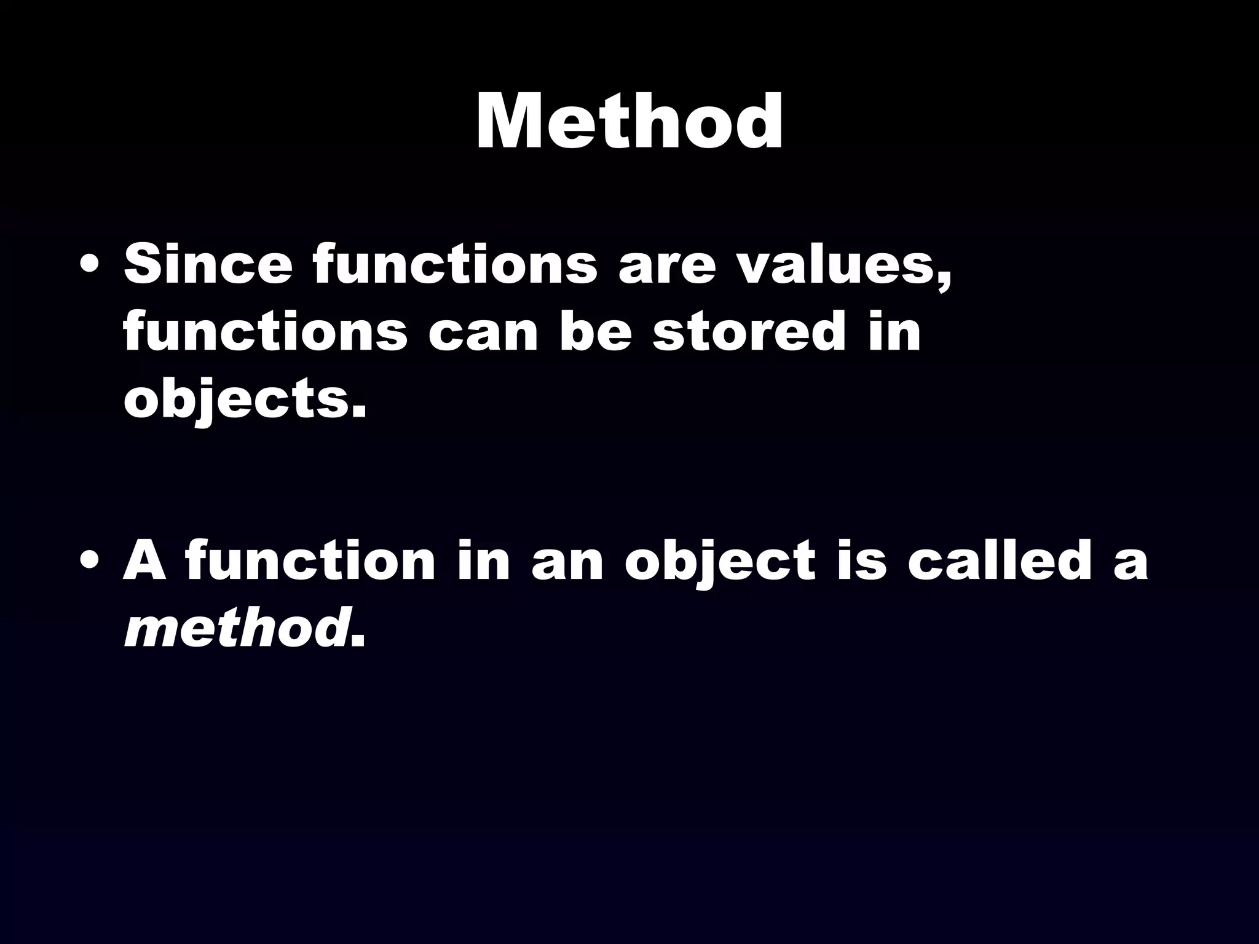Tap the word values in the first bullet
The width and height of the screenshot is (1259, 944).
[845, 265]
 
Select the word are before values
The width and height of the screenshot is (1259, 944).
[668, 265]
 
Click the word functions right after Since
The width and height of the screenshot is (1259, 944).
[455, 264]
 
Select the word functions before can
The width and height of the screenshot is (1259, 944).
[265, 332]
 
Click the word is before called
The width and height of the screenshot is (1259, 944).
[861, 560]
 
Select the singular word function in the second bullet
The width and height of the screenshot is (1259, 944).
[310, 560]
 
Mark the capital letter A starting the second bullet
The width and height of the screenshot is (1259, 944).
[145, 560]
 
